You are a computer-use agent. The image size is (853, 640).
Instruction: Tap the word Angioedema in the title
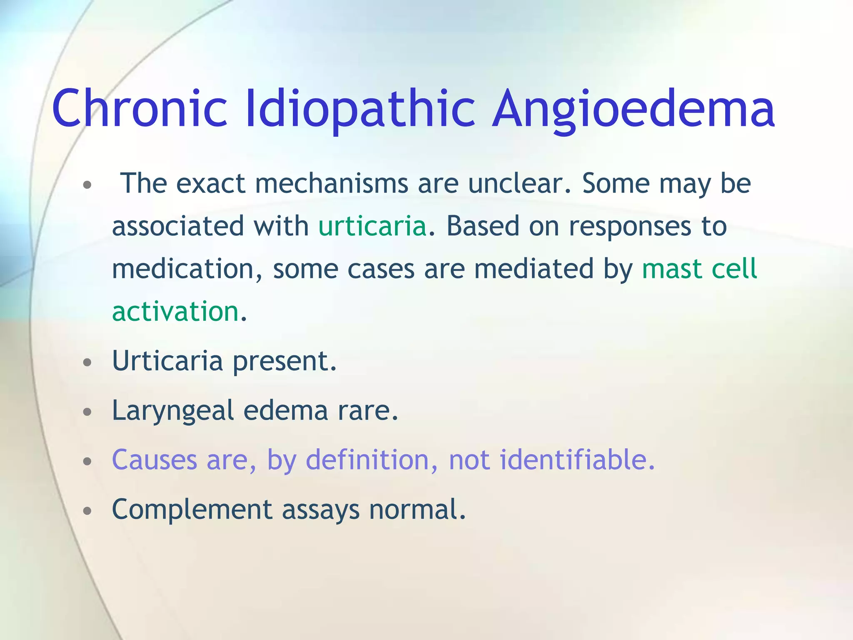[x=633, y=109]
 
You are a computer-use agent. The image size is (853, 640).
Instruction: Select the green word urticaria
[x=372, y=226]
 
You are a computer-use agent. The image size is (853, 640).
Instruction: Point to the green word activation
[x=175, y=312]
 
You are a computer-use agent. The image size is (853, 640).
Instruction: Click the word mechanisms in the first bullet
[x=331, y=183]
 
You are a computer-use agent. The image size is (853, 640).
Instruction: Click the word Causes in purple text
[x=155, y=460]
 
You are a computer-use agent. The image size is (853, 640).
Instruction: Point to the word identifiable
[x=577, y=460]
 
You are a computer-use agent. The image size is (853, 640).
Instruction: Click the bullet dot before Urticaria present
[x=87, y=362]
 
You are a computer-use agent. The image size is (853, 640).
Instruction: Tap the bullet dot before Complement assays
[x=87, y=511]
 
